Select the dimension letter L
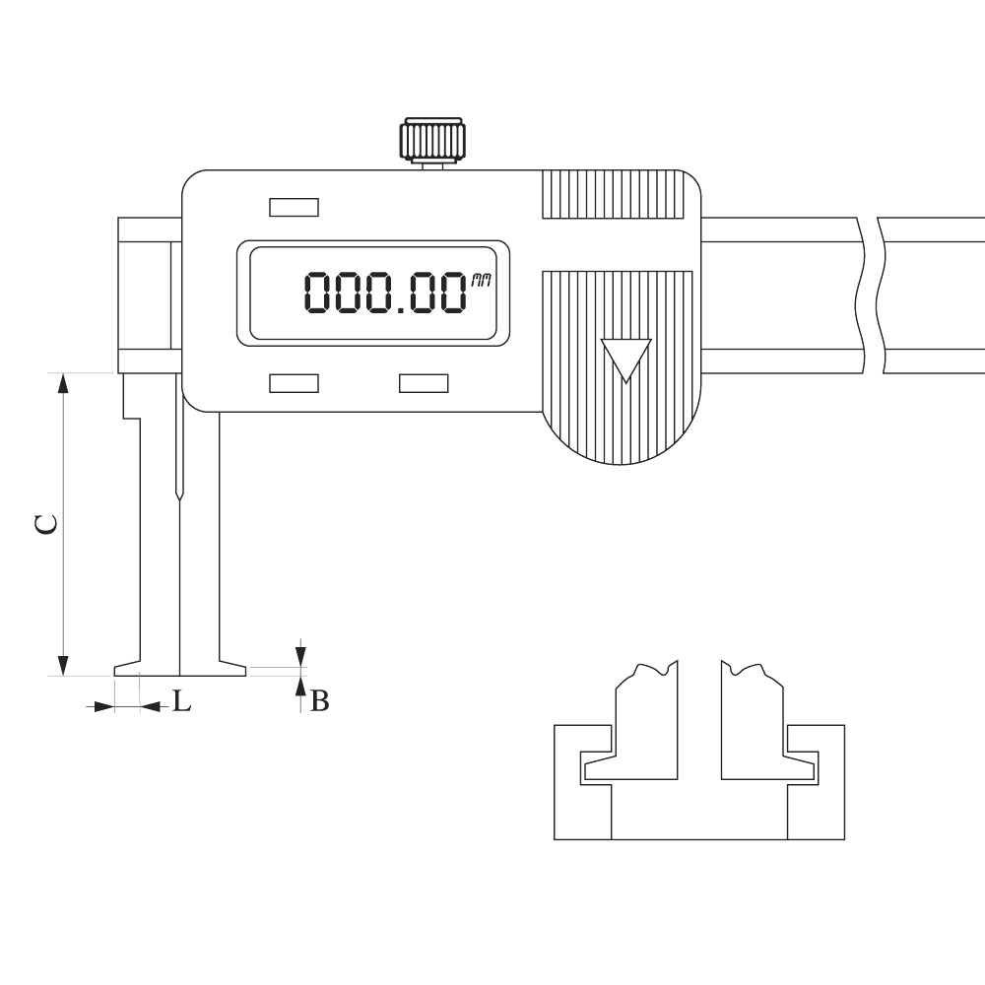click(181, 700)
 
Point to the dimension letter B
click(320, 700)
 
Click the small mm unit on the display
click(481, 282)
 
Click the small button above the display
click(294, 207)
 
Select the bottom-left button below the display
click(294, 383)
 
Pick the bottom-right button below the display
click(424, 383)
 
